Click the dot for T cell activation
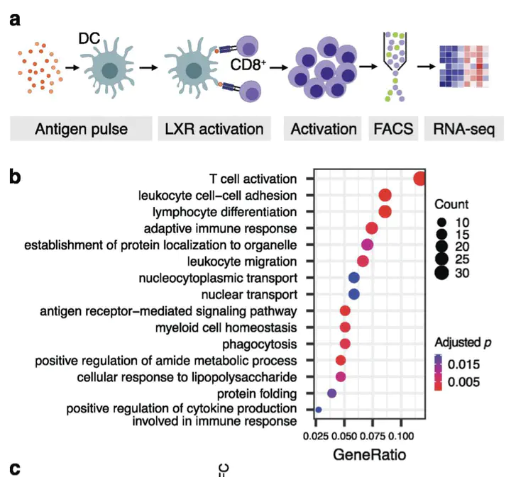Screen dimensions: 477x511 pos(419,179)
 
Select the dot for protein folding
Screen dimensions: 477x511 pos(331,393)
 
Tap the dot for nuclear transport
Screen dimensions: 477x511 pos(354,293)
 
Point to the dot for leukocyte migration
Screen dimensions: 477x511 pos(363,262)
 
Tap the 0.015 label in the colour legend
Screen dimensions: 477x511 pos(468,365)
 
